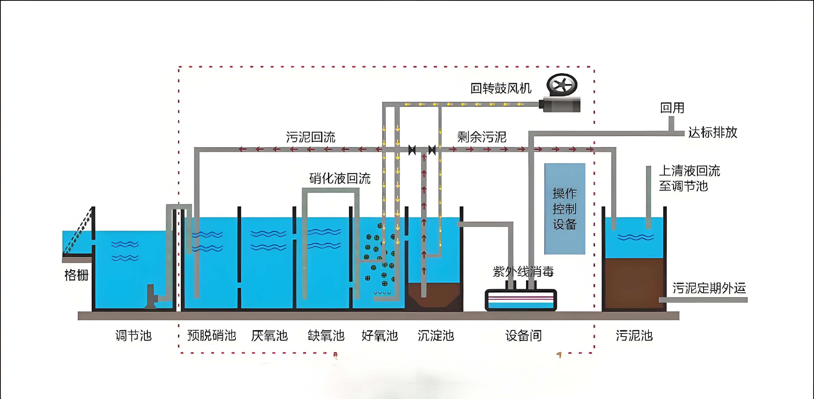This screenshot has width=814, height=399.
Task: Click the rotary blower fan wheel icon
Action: click(562, 85)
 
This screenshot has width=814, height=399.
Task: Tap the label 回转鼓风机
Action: click(501, 89)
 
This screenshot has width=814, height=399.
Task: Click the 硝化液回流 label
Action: click(340, 179)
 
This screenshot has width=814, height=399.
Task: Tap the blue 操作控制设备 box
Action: click(565, 209)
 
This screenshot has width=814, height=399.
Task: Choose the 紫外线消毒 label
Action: click(523, 272)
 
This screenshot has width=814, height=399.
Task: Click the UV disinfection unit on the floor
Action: click(521, 300)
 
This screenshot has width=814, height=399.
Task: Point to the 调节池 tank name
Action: click(133, 335)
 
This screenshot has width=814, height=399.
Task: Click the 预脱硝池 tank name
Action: click(212, 335)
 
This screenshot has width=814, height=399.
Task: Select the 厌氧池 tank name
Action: click(270, 335)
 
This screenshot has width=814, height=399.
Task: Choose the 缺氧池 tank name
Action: click(326, 335)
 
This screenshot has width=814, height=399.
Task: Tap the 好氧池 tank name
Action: click(380, 335)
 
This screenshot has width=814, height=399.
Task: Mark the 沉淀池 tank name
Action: click(436, 335)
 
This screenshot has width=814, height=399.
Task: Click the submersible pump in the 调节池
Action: click(151, 296)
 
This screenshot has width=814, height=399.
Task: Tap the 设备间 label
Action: click(524, 335)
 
